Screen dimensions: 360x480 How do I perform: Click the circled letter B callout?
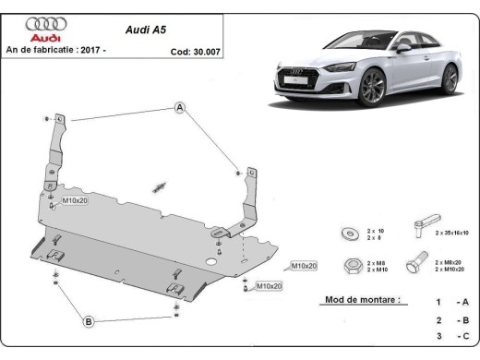(x=89, y=321)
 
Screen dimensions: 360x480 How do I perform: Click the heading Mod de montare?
(x=363, y=300)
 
